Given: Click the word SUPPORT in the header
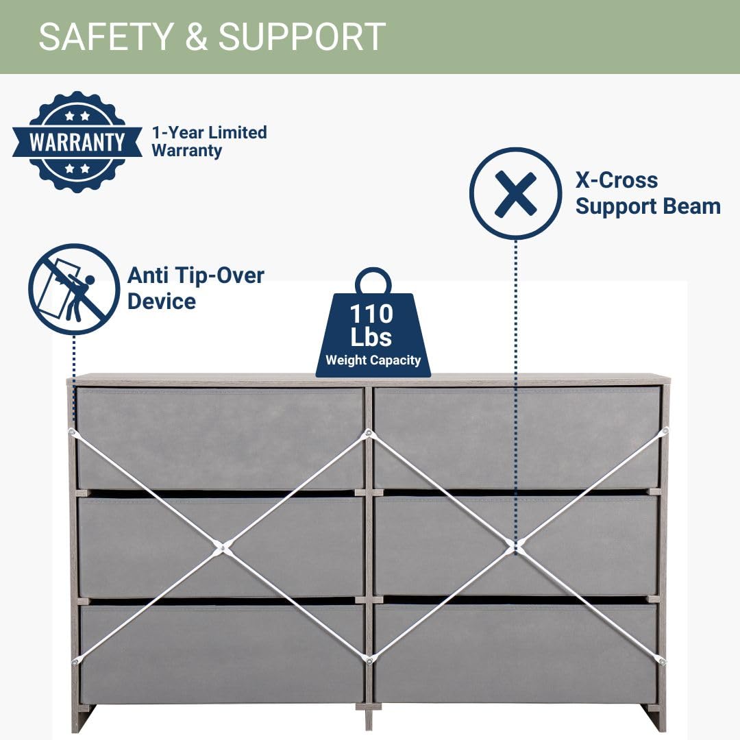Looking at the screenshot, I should pyautogui.click(x=302, y=37).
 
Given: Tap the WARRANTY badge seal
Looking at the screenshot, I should pyautogui.click(x=77, y=142).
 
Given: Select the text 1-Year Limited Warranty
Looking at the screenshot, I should pyautogui.click(x=209, y=141).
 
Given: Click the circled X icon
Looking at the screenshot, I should pyautogui.click(x=515, y=193).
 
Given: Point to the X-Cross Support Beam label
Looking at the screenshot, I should pyautogui.click(x=647, y=193).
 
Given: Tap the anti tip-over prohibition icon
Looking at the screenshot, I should pyautogui.click(x=74, y=289).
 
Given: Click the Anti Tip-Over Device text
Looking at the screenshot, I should pyautogui.click(x=195, y=288).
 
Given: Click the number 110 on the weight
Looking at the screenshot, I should pyautogui.click(x=372, y=314).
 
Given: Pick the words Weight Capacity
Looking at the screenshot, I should pyautogui.click(x=373, y=360).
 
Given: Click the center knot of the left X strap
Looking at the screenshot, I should pyautogui.click(x=221, y=546).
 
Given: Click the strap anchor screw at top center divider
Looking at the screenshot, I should pyautogui.click(x=369, y=433).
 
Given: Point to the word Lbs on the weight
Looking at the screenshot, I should pyautogui.click(x=371, y=337).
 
